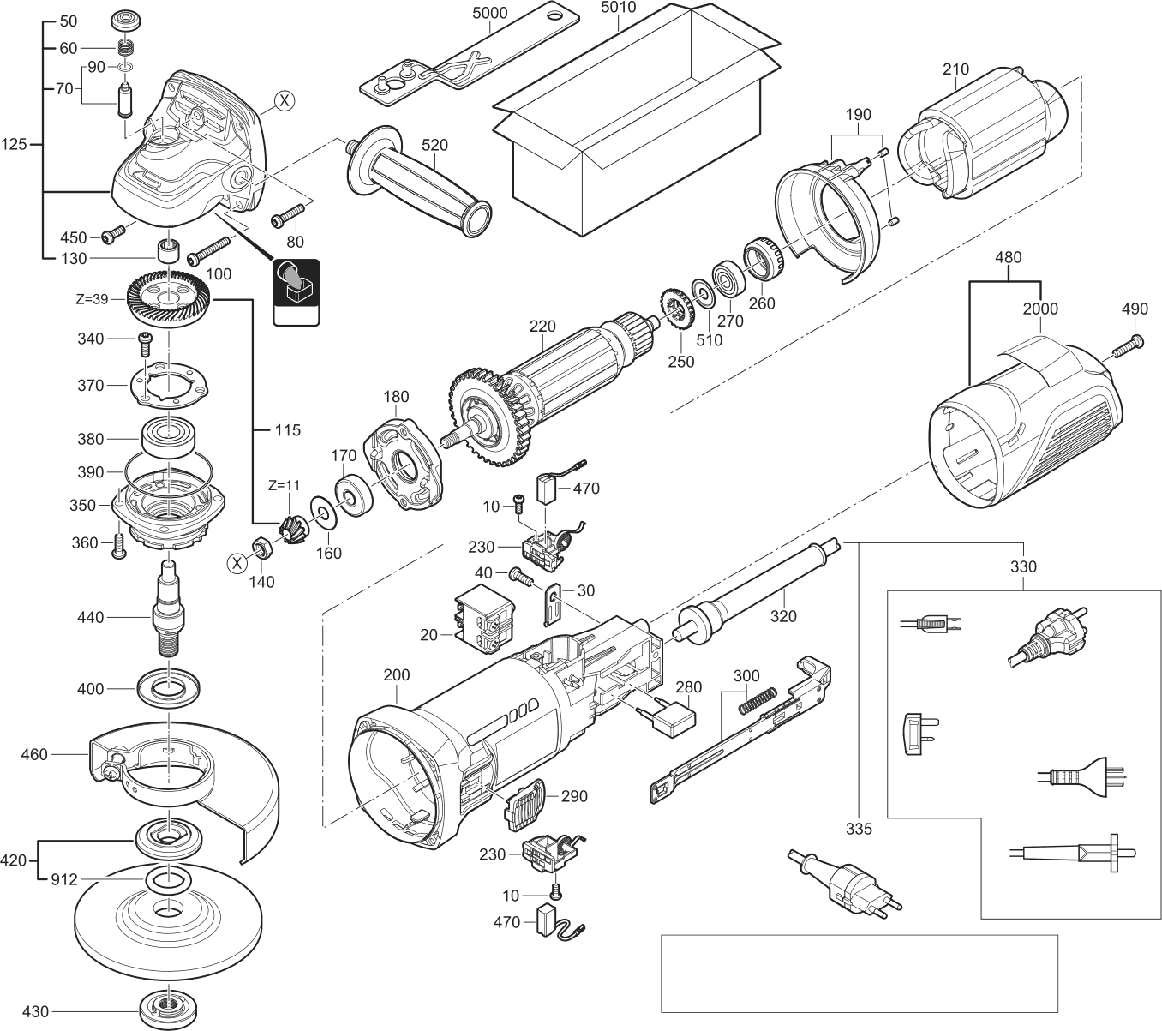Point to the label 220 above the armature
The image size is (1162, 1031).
[542, 326]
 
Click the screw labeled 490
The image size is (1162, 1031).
[1129, 346]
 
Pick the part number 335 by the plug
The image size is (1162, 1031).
[858, 829]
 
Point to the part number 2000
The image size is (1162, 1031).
[1039, 309]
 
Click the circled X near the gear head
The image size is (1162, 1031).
[285, 101]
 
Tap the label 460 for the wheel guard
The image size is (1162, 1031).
[36, 754]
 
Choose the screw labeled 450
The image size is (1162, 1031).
[113, 233]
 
